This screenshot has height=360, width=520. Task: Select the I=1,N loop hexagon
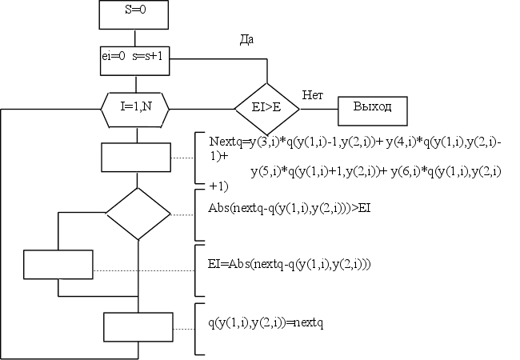(137, 106)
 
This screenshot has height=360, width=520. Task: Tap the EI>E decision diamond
(266, 108)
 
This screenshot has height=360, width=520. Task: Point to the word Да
(247, 39)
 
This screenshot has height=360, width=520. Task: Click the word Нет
(312, 94)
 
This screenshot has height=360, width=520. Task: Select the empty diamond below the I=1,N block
(138, 214)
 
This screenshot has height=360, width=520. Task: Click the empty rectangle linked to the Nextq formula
(136, 157)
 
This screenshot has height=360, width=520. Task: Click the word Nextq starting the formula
(225, 142)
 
